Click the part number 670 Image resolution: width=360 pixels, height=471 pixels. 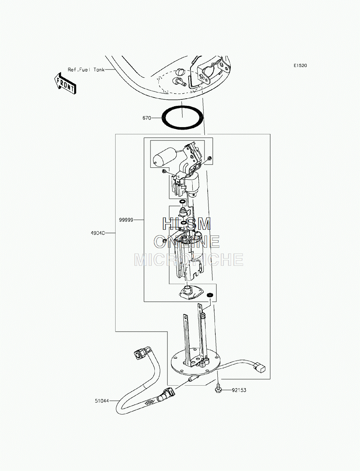click(147, 118)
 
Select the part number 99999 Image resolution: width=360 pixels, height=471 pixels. click(126, 220)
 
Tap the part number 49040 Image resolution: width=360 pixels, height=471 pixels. click(98, 233)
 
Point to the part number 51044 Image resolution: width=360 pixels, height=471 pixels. click(102, 401)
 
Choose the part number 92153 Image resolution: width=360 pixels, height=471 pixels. click(239, 390)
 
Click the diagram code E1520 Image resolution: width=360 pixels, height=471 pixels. click(300, 66)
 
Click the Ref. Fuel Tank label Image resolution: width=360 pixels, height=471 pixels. click(86, 69)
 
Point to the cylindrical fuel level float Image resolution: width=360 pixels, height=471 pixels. click(164, 157)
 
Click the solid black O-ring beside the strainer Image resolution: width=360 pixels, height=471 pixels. click(210, 295)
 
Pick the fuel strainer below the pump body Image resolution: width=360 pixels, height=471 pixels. click(190, 293)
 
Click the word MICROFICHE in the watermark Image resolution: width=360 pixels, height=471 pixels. click(189, 260)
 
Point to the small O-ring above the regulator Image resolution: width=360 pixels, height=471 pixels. click(182, 202)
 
